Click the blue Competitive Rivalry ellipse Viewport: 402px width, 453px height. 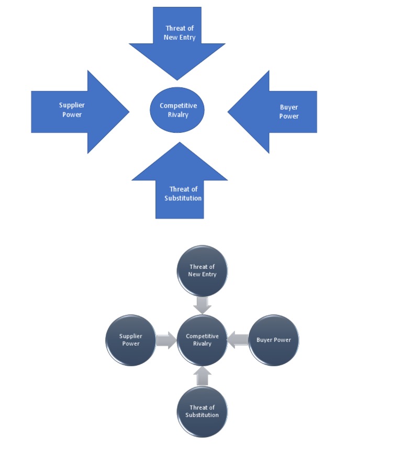[177, 110]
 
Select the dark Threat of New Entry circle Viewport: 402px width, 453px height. [202, 270]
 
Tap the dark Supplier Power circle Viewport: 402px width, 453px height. [131, 340]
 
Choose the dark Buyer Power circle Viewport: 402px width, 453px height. [273, 340]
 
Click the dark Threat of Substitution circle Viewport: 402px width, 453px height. [202, 411]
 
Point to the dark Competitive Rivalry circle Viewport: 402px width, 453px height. [202, 340]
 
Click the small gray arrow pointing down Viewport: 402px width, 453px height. [202, 305]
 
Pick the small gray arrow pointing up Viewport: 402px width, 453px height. [202, 376]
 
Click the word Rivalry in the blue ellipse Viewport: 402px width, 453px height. [178, 115]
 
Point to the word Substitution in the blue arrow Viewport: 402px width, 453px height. [183, 198]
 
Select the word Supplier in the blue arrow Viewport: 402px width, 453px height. [72, 106]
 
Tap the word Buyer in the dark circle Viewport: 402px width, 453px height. [265, 340]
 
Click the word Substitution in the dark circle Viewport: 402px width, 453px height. [202, 415]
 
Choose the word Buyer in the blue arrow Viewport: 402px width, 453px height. [289, 108]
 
